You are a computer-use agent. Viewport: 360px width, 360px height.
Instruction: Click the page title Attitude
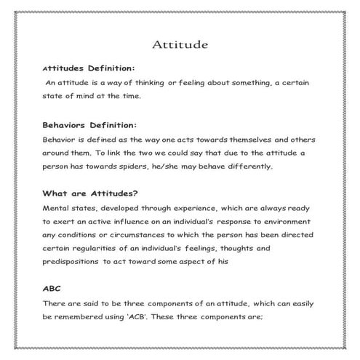coord(180,44)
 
